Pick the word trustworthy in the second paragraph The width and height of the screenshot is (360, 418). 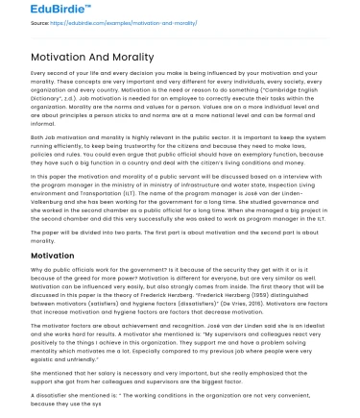click(196, 133)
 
